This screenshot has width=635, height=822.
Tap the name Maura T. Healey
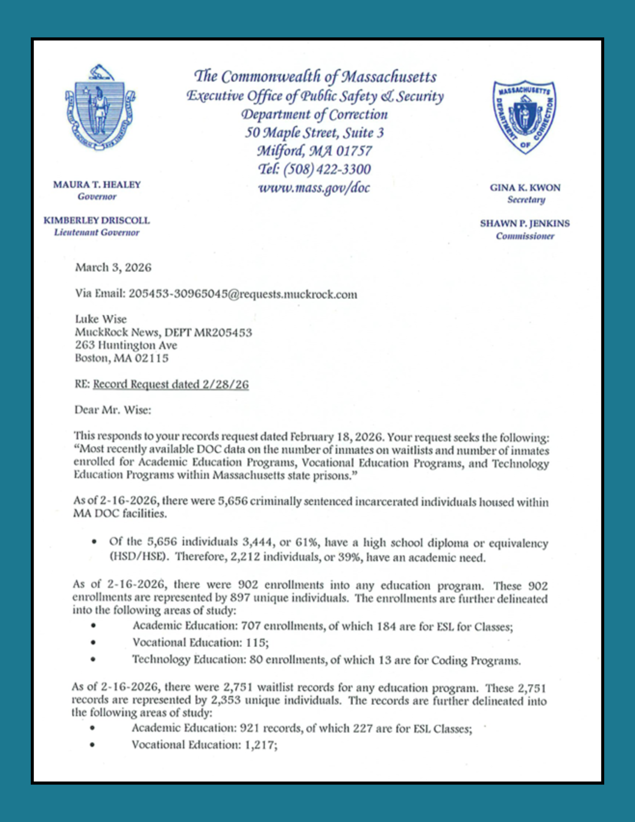pos(97,185)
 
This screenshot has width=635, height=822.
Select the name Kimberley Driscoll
pos(97,220)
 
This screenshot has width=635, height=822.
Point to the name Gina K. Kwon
pos(525,187)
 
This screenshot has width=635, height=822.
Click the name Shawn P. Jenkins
pos(525,224)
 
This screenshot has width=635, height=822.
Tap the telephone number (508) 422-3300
pos(314,169)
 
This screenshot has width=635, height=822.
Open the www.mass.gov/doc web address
pos(314,188)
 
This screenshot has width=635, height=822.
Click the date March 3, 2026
pos(113,268)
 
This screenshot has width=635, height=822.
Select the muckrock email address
pos(242,294)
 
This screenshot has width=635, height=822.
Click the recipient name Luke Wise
pos(101,319)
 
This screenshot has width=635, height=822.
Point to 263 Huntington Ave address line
pos(126,345)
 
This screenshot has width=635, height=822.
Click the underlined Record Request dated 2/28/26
pos(171,384)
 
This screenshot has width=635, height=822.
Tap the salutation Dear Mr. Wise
pos(113,410)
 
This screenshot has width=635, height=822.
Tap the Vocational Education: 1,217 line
pos(204,745)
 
